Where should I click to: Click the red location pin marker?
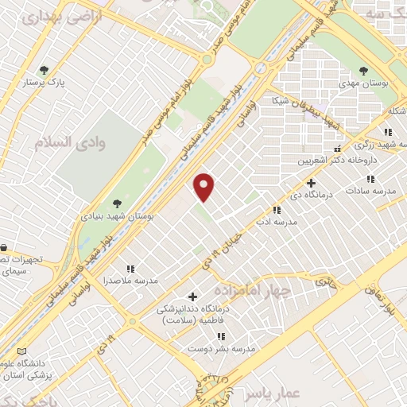coord(205,187)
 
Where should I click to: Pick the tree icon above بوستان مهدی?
coord(364,71)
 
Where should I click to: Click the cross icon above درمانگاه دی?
coord(311,183)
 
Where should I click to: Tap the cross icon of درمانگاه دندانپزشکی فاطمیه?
coord(191,297)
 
